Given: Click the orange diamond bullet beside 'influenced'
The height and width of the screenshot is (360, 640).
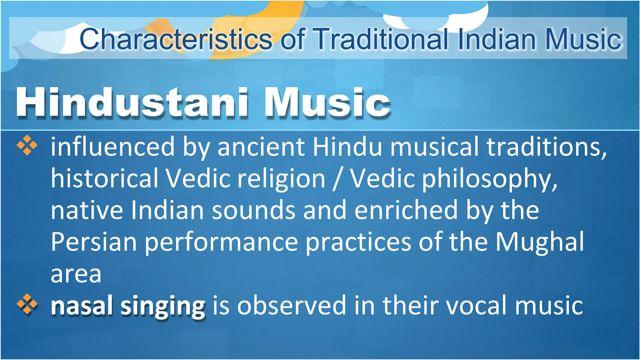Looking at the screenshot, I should coord(27,145).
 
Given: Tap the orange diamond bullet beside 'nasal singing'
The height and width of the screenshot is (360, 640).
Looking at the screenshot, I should coord(27,304).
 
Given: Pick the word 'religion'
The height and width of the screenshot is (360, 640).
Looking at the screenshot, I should coord(281,179).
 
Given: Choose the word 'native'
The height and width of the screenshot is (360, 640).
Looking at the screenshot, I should coord(87,211).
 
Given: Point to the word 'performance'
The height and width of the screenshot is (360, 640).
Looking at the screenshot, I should coord(221,242).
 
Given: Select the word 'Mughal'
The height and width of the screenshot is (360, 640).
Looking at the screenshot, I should coord(540,242).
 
